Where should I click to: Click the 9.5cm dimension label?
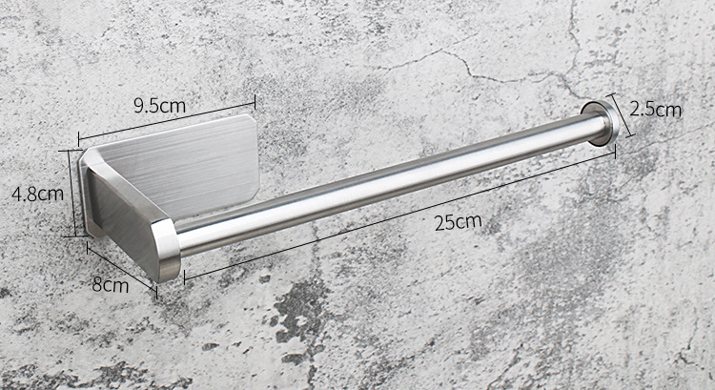click(x=159, y=106)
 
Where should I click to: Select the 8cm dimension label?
click(x=110, y=283)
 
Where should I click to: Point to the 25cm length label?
click(x=458, y=223)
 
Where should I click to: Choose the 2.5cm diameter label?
click(x=656, y=109)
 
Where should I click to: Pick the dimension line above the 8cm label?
click(x=121, y=266)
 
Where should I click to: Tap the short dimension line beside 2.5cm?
click(x=621, y=116)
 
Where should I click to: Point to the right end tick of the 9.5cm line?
click(x=255, y=99)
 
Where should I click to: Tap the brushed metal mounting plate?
click(x=181, y=162)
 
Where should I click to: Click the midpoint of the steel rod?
click(x=386, y=185)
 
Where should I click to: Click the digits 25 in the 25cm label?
click(x=448, y=223)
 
